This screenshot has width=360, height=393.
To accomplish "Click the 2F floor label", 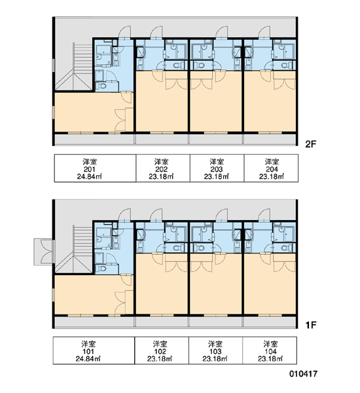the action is [x=311, y=144].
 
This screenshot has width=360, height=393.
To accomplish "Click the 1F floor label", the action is [x=311, y=325].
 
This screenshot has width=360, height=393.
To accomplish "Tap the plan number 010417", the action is [x=303, y=374].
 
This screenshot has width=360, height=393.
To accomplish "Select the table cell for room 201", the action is [x=95, y=168].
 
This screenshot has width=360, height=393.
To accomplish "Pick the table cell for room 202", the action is [x=163, y=168].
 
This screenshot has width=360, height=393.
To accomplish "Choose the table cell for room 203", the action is [x=217, y=168].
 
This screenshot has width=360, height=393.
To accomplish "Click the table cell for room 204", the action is [x=272, y=168].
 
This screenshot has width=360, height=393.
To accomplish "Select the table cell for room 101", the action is [x=94, y=350].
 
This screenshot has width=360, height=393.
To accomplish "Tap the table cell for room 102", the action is [x=162, y=350].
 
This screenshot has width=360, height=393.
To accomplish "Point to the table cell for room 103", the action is [x=215, y=350].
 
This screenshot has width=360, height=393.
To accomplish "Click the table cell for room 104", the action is [x=270, y=350].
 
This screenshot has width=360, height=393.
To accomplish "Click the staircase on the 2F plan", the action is [x=74, y=66].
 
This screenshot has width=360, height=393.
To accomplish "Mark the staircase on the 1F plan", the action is [x=74, y=249].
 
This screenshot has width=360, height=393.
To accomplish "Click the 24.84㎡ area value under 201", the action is [x=89, y=177].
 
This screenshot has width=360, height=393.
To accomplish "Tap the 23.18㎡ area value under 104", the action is [x=270, y=359].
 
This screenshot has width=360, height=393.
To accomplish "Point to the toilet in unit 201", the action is [x=101, y=86].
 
